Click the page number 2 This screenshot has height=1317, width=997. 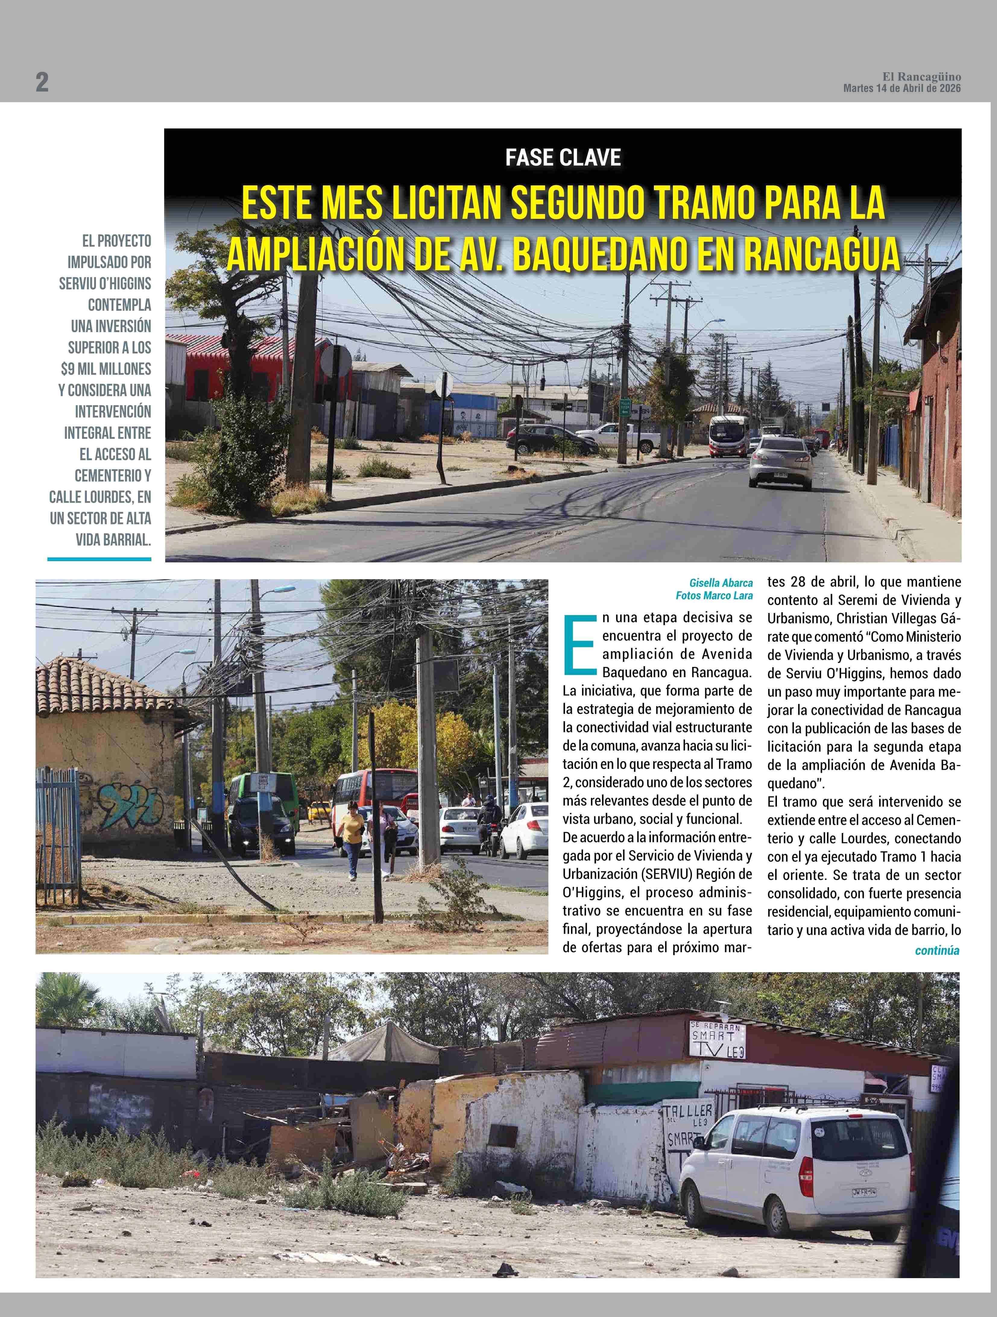(x=42, y=82)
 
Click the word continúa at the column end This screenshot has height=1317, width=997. (x=937, y=950)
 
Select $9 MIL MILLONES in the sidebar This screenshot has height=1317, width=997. (x=106, y=369)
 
